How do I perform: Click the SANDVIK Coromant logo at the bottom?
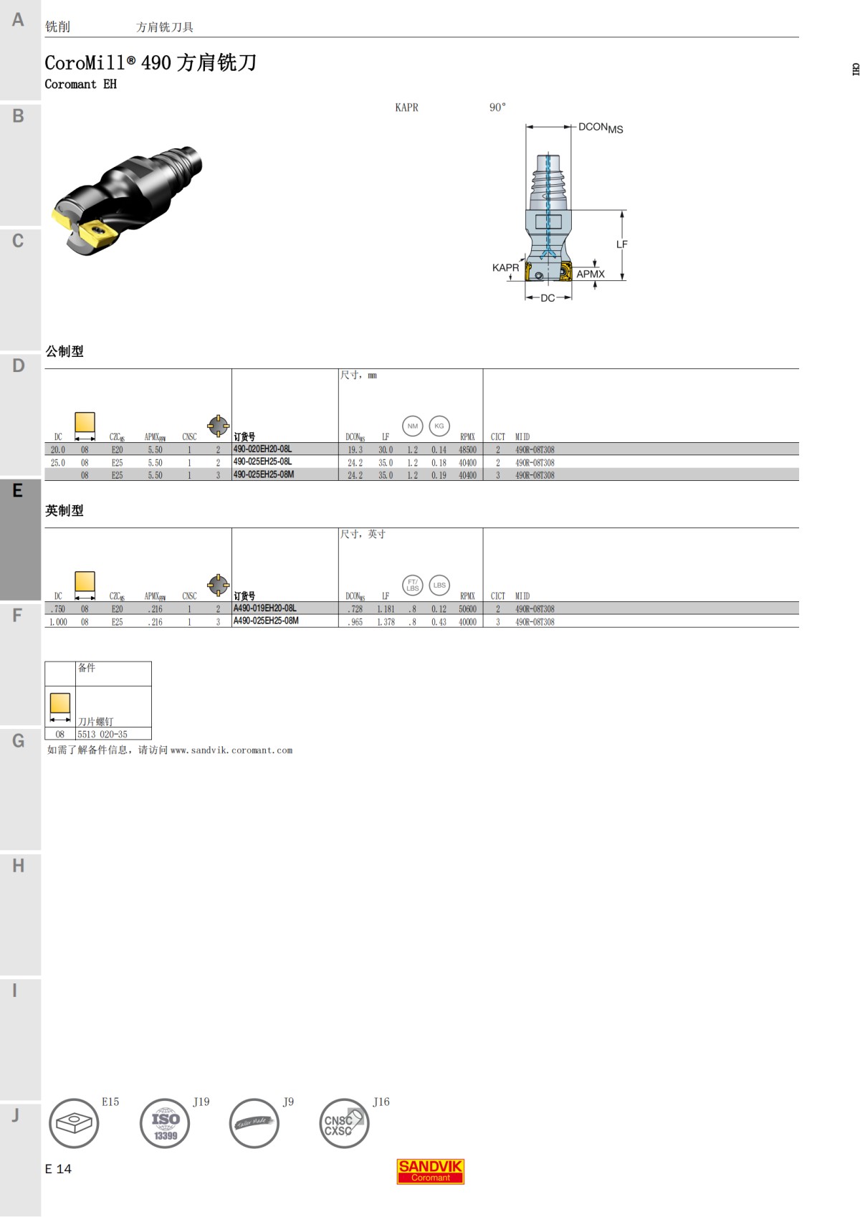pos(430,1171)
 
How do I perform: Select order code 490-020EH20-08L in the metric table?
pos(262,449)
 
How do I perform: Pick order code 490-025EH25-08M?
pos(263,474)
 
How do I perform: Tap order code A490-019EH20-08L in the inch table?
pos(264,608)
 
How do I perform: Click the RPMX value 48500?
pos(467,450)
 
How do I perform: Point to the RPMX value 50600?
pos(467,609)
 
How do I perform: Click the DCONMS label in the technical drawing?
pos(600,128)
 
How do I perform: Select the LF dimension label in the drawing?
pos(621,244)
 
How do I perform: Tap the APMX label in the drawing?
pos(590,274)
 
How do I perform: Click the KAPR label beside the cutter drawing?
pos(505,267)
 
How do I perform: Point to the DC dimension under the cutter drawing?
pos(548,297)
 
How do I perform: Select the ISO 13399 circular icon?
pos(165,1123)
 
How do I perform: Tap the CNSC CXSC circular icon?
pos(343,1123)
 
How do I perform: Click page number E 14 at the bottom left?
pos(58,1169)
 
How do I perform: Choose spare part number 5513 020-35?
pos(102,734)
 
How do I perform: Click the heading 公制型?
pos(64,351)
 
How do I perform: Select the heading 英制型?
pos(64,510)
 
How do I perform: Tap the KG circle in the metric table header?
pos(439,426)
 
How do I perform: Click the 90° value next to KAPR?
pos(497,108)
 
